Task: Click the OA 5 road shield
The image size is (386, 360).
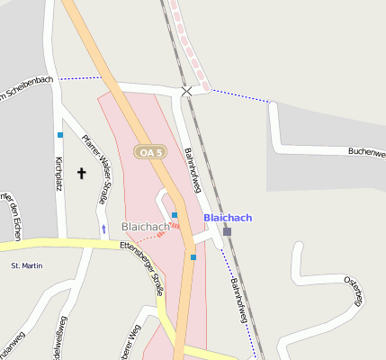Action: click(x=150, y=152)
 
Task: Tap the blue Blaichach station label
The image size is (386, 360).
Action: click(x=228, y=218)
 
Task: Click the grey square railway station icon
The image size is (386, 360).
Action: click(x=227, y=231)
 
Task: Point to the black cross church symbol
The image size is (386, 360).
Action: click(x=82, y=172)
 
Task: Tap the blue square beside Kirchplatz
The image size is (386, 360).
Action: click(x=60, y=135)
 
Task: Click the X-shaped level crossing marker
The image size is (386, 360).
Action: click(x=186, y=92)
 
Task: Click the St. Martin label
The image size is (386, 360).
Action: click(x=26, y=266)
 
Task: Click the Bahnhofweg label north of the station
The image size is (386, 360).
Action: click(x=192, y=171)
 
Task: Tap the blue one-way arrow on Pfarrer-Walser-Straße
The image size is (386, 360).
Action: click(x=103, y=229)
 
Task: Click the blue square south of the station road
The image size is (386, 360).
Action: click(x=193, y=257)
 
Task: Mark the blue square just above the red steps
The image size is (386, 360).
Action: click(x=174, y=215)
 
